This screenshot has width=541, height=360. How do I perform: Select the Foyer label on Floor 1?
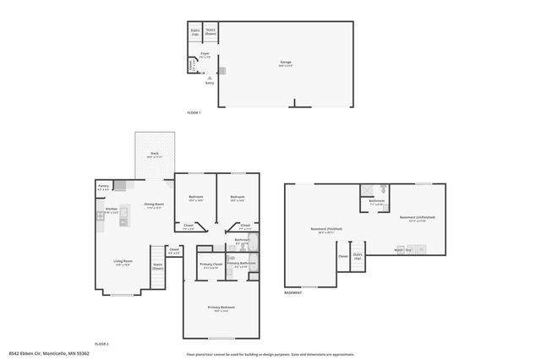point(204,57)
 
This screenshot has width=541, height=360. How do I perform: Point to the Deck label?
point(154,155)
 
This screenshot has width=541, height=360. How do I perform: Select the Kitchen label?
point(111,209)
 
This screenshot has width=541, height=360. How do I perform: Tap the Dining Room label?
point(154,205)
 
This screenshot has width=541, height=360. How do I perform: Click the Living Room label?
point(123,262)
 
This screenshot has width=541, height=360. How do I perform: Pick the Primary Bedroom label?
point(221,308)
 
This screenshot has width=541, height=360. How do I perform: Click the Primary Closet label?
point(210,266)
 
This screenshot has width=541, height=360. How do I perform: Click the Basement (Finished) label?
point(325,231)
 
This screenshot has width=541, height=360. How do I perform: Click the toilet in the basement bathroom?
point(384,189)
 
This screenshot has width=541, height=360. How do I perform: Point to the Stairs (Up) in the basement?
point(358,255)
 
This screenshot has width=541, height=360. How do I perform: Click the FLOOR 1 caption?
point(194,112)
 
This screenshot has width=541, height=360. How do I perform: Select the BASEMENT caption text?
point(292,292)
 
